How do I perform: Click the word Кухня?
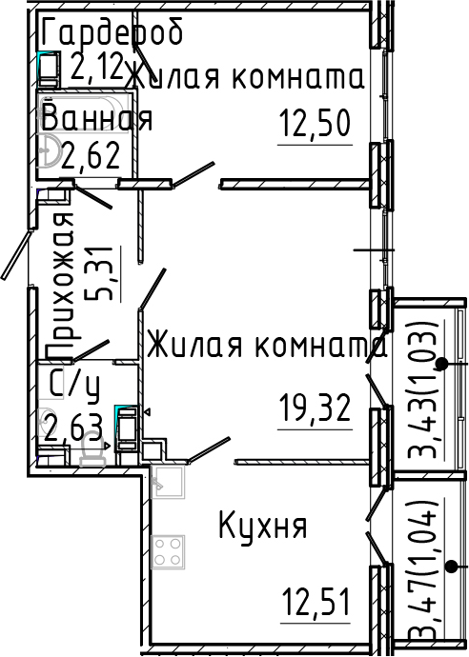coord(262,525)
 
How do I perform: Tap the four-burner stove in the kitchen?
coord(169,549)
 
